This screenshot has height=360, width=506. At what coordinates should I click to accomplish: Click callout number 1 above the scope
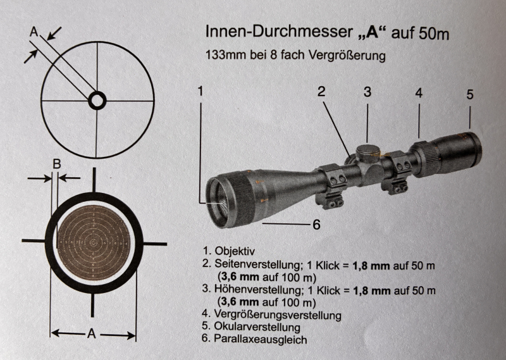(201, 91)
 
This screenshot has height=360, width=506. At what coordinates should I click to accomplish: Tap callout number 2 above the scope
(321, 92)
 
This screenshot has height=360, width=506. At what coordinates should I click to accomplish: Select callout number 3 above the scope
(367, 92)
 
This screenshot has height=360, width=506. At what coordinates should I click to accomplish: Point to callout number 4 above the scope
(419, 93)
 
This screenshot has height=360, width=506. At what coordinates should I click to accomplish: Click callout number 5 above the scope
(470, 94)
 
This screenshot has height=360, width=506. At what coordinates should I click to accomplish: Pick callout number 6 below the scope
(317, 225)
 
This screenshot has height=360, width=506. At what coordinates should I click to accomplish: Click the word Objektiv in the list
(235, 251)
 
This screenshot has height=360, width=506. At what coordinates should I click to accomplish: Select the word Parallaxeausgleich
(261, 339)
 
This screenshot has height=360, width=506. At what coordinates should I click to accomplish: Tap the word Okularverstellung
(257, 326)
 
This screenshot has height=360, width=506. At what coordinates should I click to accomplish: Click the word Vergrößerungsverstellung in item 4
(278, 314)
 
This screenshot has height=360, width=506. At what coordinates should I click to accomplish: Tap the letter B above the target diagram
(57, 164)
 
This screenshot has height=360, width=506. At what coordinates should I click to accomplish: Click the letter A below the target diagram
(92, 333)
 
